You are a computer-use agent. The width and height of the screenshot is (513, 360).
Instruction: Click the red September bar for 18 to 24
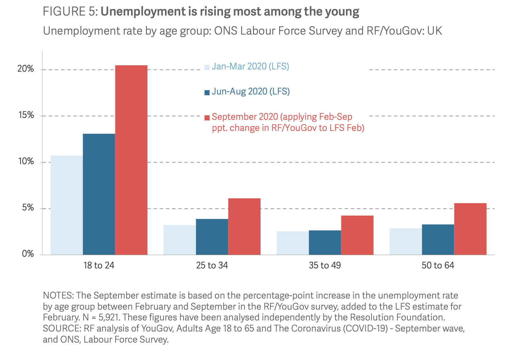131,160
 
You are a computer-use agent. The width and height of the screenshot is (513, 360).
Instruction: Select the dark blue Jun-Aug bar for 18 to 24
99,194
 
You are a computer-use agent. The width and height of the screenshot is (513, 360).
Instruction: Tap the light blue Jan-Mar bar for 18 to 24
66,205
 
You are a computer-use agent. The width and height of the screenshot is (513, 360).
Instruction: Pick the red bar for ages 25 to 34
244,227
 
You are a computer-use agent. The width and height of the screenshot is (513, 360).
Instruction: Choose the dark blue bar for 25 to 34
212,237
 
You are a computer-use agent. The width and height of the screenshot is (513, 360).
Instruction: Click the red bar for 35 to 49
357,235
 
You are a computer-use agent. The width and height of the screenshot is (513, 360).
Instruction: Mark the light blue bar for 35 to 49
293,243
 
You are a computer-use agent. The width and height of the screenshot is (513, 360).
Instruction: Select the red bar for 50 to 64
470,229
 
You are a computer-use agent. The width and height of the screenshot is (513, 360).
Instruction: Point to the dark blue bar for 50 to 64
438,240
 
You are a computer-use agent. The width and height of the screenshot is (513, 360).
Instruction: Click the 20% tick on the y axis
26,69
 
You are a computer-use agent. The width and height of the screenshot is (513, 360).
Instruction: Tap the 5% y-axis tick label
28,208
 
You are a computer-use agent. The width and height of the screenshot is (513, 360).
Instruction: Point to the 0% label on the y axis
28,254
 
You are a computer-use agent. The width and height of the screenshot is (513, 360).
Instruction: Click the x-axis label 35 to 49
325,266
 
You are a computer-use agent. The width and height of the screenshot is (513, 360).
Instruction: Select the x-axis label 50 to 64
438,266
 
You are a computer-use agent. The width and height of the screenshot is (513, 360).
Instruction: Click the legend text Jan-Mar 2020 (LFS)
250,66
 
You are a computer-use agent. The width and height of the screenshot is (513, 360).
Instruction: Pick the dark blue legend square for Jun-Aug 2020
207,93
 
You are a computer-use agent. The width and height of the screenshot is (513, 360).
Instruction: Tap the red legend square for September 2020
207,118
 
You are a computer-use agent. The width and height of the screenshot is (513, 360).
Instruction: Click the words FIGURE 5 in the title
70,12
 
